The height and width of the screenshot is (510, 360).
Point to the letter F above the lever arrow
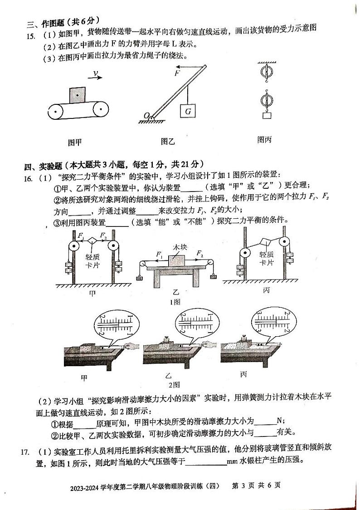pyautogui.click(x=177, y=73)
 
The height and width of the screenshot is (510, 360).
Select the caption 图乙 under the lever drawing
pyautogui.click(x=167, y=141)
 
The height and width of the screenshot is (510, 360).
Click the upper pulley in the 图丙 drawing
pyautogui.click(x=265, y=74)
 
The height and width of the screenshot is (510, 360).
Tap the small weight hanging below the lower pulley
pyautogui.click(x=266, y=115)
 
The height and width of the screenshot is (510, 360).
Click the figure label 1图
pyautogui.click(x=175, y=301)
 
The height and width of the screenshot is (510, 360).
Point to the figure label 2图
pyautogui.click(x=175, y=385)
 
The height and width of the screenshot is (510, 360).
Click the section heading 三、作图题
pyautogui.click(x=45, y=21)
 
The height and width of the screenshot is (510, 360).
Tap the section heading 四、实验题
pyautogui.click(x=45, y=164)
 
